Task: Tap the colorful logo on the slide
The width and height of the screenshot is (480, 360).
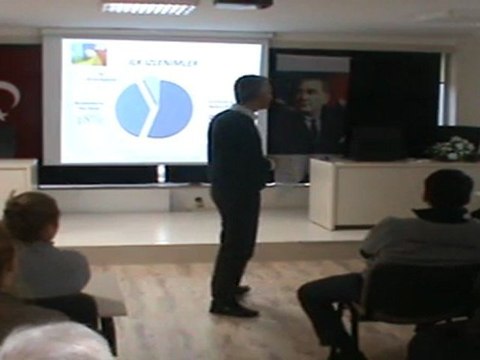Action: click(x=82, y=53)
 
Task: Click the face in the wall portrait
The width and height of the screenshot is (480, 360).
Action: click(x=309, y=96)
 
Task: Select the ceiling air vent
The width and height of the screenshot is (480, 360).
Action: click(x=150, y=8)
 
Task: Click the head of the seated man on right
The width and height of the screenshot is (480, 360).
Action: click(x=447, y=190)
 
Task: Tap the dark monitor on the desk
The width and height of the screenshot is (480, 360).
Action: click(x=376, y=143)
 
